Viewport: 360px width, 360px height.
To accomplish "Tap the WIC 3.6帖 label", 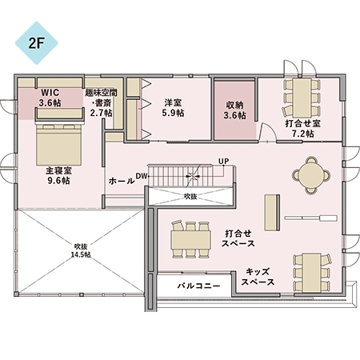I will coord(50,98).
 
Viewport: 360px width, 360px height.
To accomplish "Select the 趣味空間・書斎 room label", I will coord(101,102).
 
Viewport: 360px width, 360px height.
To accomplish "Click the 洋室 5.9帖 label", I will coord(173,108).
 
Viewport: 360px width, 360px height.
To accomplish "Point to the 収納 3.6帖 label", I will coord(234,110).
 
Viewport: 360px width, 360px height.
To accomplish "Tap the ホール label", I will coord(121,182).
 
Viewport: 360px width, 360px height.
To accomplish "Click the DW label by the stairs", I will coord(141,175).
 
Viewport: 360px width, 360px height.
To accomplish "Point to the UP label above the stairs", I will coord(223,162).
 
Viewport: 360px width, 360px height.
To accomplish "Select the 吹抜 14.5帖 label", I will coord(79,250).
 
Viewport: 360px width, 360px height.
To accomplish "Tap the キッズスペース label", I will coord(259,277).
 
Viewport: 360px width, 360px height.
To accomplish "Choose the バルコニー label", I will coord(193,284).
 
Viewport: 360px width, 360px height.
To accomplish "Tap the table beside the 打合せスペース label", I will coord(190,238).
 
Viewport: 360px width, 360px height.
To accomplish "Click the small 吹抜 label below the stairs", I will coord(190,195).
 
